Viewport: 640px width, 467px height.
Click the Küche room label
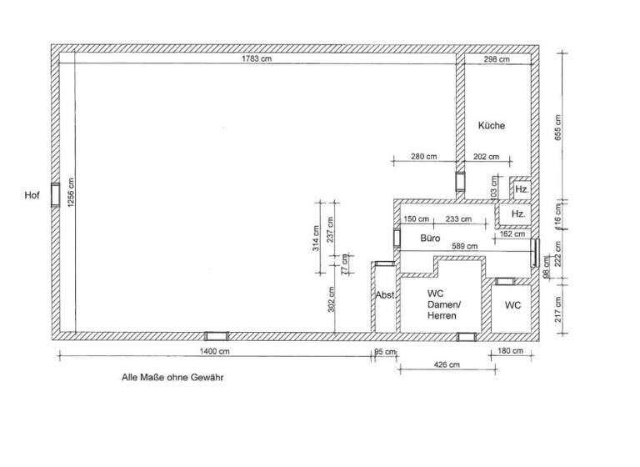pos(491,126)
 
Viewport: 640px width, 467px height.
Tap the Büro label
pos(430,238)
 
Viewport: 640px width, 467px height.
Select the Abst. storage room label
pos(384,295)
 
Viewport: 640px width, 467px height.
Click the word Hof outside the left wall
pos(32,195)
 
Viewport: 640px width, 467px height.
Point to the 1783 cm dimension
pos(256,59)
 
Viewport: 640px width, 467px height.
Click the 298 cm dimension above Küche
pos(497,59)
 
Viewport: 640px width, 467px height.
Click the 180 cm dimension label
pos(509,352)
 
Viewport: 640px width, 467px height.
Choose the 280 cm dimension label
pos(424,157)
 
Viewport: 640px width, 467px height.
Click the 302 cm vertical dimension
pos(332,299)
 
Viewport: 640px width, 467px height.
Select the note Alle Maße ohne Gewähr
pos(173,378)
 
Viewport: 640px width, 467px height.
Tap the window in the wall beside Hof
pos(55,194)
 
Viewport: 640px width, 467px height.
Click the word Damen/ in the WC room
pos(443,305)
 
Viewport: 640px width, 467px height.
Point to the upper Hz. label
pos(521,190)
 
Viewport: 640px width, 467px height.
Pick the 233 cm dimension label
pos(458,219)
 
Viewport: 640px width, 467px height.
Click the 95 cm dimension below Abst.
pos(384,352)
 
